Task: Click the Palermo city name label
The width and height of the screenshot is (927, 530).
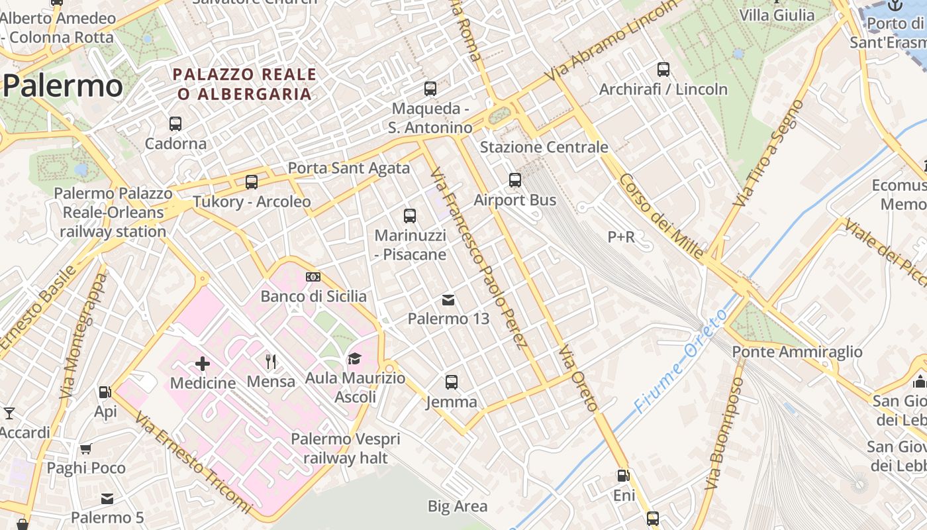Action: click(63, 87)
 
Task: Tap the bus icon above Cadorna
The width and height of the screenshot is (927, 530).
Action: click(175, 124)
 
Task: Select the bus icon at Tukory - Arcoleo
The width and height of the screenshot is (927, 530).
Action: click(252, 182)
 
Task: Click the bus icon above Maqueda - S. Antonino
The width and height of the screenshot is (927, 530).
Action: click(430, 89)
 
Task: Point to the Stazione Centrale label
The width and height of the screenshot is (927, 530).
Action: click(544, 147)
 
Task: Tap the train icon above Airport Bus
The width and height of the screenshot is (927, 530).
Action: click(515, 180)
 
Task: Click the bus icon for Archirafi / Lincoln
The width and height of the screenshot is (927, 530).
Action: click(663, 70)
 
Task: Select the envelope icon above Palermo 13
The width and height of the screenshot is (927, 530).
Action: click(448, 300)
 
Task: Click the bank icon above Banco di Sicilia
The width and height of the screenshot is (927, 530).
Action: click(313, 277)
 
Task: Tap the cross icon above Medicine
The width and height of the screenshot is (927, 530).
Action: click(203, 364)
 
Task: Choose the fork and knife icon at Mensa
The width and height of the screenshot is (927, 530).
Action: click(271, 362)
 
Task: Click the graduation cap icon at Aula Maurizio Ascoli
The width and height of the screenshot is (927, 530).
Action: click(355, 359)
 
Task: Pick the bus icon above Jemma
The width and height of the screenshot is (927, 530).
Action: click(452, 382)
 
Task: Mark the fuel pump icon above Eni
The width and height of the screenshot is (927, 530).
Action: click(623, 476)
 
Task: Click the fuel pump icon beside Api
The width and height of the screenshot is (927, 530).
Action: click(105, 392)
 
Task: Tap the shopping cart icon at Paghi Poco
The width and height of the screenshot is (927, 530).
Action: click(85, 449)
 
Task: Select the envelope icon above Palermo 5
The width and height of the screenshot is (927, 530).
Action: click(107, 498)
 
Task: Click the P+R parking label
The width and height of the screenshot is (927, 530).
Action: click(621, 237)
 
